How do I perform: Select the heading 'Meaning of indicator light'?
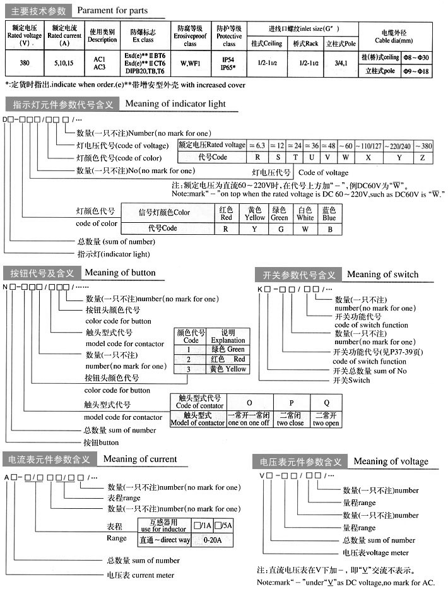click(x=175, y=104)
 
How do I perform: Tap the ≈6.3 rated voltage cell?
click(x=257, y=145)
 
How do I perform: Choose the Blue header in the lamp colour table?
click(x=329, y=214)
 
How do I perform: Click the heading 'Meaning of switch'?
click(x=382, y=274)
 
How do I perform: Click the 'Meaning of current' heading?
click(x=140, y=459)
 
